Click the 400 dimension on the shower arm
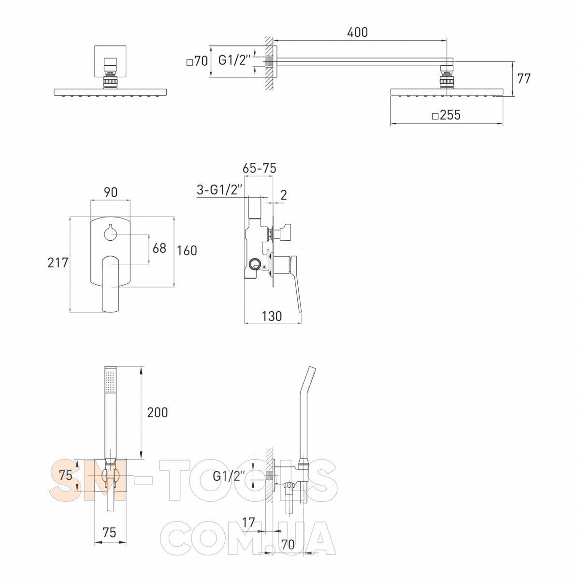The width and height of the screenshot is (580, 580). (x=357, y=32)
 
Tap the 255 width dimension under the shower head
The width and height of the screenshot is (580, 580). (x=447, y=115)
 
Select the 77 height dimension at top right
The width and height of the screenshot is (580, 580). (x=524, y=79)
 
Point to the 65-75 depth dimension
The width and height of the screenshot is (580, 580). (x=260, y=168)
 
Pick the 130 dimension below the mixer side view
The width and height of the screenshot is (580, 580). (x=272, y=316)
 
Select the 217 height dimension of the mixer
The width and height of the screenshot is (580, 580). (x=58, y=262)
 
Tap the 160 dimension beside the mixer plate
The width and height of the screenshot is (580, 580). (x=187, y=250)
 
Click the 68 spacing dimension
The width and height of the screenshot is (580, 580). (x=159, y=248)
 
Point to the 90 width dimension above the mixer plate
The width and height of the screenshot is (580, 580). (x=111, y=192)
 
